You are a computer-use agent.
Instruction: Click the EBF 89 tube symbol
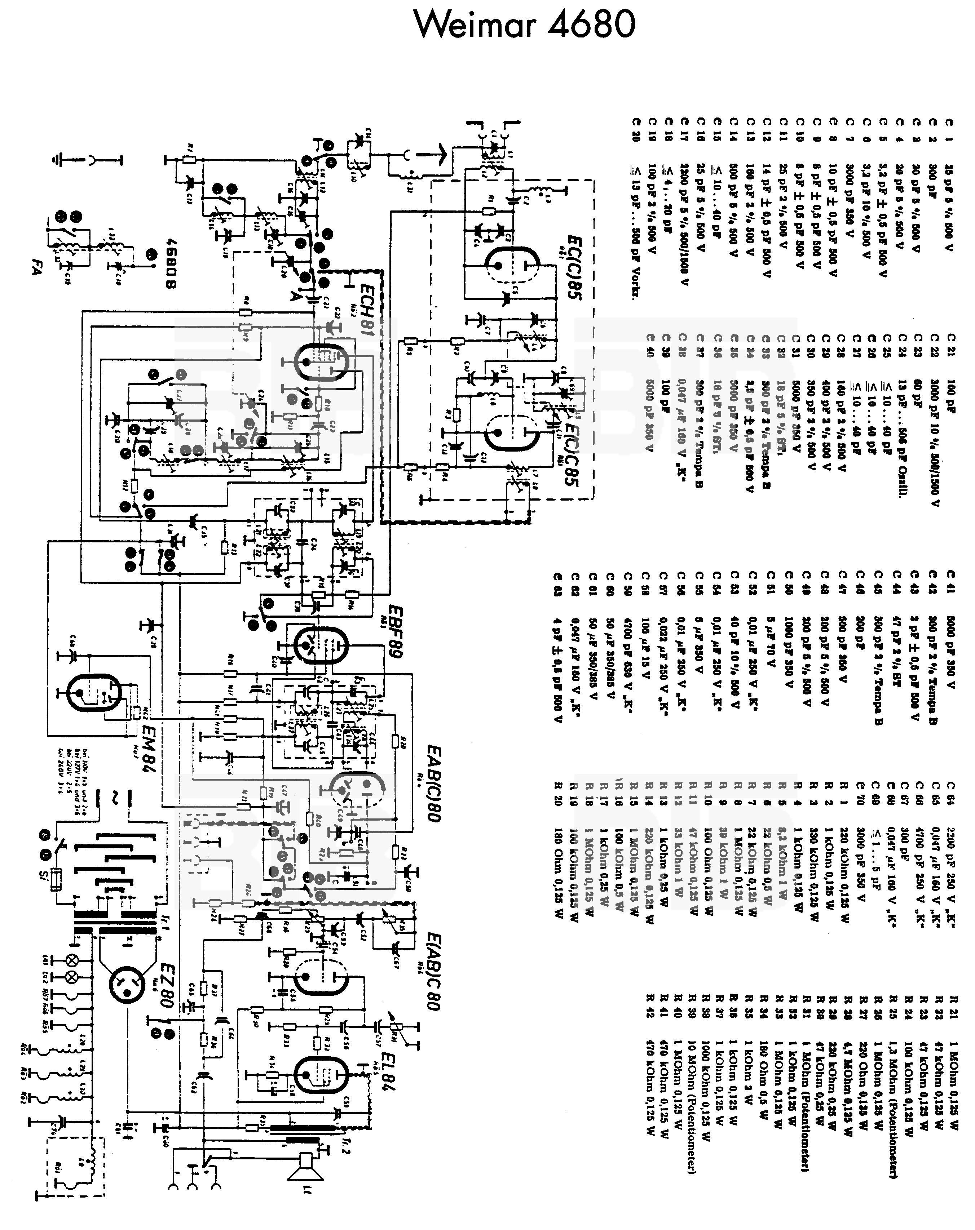tap(322, 645)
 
